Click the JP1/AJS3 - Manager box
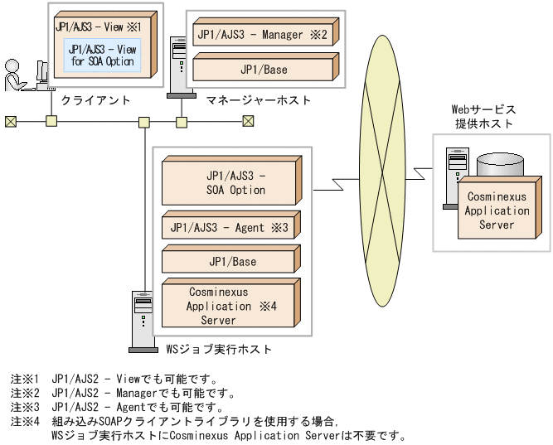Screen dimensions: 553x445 pos(265,32)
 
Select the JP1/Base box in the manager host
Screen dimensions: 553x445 pos(265,67)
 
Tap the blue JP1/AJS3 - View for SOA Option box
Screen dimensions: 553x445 pos(102,56)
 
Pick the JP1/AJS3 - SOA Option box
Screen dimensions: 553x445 pos(231,181)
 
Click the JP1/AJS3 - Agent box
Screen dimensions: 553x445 pos(231,225)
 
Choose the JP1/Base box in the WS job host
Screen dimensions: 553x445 pos(231,259)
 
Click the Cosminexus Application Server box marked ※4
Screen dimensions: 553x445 pos(231,303)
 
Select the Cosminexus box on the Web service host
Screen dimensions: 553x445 pos(499,208)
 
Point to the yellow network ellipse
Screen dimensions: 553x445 pos(382,171)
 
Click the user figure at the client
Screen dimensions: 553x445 pos(15,75)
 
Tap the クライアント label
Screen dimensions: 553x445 pos(95,100)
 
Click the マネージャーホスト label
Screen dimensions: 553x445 pos(259,100)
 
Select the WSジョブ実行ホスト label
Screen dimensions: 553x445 pos(219,350)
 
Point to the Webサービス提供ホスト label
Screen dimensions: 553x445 pos(484,116)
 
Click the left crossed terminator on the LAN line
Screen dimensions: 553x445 pos(11,122)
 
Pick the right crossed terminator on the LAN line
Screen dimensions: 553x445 pos(248,121)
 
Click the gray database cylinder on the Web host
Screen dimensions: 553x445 pos(500,164)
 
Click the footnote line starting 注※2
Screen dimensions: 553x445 pos(123,393)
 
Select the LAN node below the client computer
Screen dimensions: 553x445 pos(51,121)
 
